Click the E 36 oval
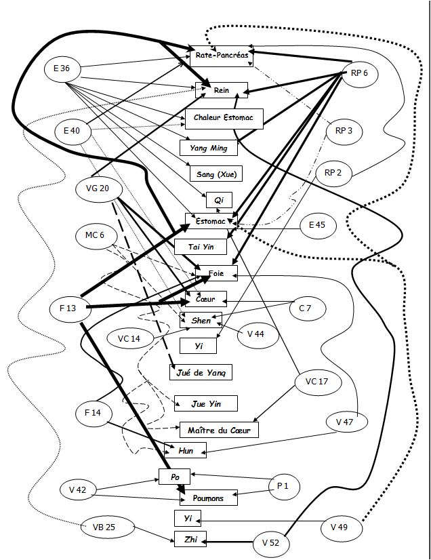[66, 68]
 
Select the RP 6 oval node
[360, 73]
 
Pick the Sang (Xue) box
[211, 173]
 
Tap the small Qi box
[219, 200]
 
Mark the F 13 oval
[67, 308]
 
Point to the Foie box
[216, 273]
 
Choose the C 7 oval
[305, 308]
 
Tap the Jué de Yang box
[201, 372]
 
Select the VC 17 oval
[316, 382]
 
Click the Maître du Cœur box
[218, 429]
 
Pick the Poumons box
[208, 498]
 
